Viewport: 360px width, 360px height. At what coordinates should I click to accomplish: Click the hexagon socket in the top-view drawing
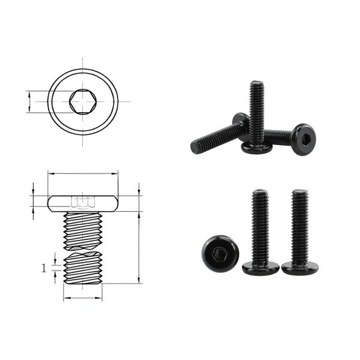82,101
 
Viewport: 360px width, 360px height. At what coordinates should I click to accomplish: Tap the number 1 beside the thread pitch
44,268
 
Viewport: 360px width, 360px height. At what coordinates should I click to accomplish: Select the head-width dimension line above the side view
82,175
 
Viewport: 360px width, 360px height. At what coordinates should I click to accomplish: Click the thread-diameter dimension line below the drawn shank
82,298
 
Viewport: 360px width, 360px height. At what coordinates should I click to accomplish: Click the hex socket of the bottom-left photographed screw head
219,254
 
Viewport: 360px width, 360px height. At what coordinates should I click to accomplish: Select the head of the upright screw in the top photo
257,148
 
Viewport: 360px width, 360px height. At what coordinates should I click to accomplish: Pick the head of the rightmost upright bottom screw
299,268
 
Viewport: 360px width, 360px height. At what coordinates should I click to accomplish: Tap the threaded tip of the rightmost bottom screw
299,193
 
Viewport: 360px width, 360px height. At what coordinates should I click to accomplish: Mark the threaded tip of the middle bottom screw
260,193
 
